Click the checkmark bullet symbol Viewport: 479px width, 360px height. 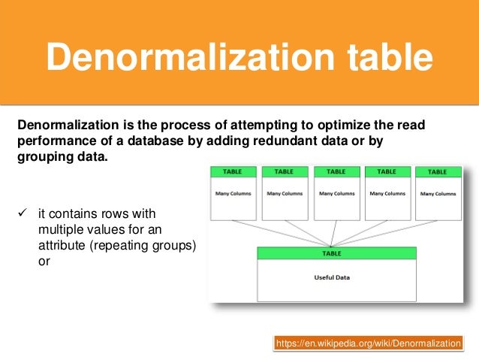coord(22,213)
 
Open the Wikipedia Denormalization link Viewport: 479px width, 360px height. coord(369,343)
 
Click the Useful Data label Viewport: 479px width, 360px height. coord(331,277)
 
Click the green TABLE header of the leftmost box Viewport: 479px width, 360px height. coord(232,171)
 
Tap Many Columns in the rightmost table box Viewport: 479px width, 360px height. coord(438,194)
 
